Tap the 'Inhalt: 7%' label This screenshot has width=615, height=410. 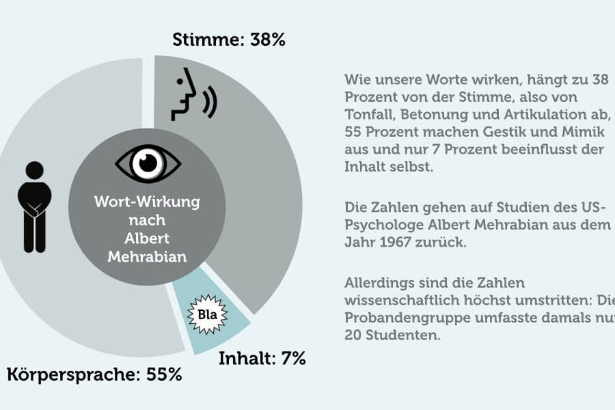(262, 358)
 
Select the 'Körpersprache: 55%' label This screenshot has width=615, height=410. (94, 374)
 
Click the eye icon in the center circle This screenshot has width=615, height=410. (148, 162)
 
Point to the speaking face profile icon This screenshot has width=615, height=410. (184, 96)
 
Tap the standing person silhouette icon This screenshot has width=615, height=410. (34, 206)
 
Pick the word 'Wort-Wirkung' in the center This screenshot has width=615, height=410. (148, 203)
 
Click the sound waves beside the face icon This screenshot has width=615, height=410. (210, 100)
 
